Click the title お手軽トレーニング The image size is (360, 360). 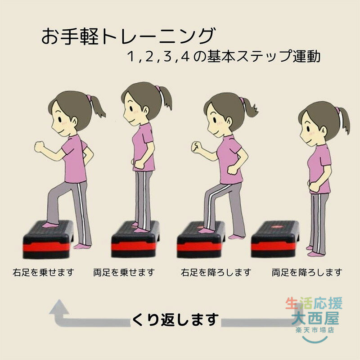click(x=128, y=36)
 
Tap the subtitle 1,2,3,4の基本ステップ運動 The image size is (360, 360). click(x=224, y=56)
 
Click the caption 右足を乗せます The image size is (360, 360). click(x=43, y=273)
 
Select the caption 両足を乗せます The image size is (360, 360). click(x=124, y=273)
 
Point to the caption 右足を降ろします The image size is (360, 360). click(x=216, y=273)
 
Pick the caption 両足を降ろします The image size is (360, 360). click(x=307, y=273)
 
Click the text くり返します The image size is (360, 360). click(x=175, y=319)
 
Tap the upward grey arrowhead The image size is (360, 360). click(x=59, y=307)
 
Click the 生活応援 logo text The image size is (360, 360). click(x=314, y=303)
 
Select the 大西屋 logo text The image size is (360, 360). click(x=315, y=318)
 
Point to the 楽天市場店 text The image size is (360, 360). click(x=315, y=330)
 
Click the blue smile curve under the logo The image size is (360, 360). click(x=315, y=340)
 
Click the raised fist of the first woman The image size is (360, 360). click(x=39, y=147)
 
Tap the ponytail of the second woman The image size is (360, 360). click(x=165, y=98)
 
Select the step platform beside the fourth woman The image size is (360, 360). click(x=275, y=239)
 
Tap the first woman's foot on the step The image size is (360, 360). click(x=50, y=225)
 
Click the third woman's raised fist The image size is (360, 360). click(x=196, y=147)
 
